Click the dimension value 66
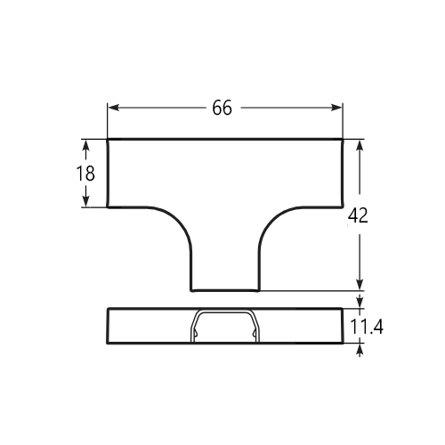(222, 108)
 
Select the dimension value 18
(85, 174)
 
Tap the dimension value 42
(358, 215)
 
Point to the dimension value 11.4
(367, 327)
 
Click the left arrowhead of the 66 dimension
(113, 108)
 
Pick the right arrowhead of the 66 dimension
(336, 108)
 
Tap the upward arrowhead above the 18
(85, 146)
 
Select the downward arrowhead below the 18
(85, 200)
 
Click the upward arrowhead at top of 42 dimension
(360, 146)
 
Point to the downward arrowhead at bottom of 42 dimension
(360, 284)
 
